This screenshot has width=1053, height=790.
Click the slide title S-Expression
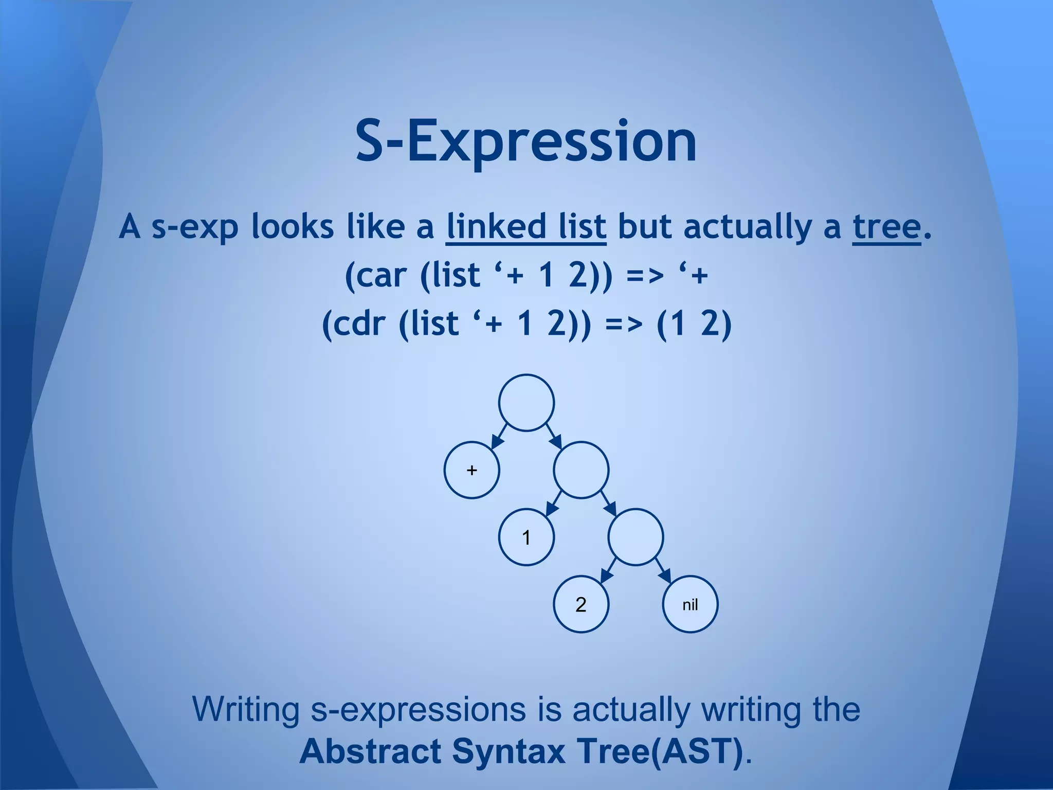coord(526,140)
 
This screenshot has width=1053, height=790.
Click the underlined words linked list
coord(526,226)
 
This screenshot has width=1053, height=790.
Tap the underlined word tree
coord(886,226)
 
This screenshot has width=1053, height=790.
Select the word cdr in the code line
coord(358,323)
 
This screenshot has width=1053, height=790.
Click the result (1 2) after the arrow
coord(694,323)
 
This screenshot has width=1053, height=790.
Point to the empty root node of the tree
coord(526,403)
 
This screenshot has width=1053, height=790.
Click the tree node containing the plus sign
coord(471,470)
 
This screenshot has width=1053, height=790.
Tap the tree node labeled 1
coord(526,537)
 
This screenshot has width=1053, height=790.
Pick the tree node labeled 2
coord(581,604)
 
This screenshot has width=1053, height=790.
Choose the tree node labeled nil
coord(690,604)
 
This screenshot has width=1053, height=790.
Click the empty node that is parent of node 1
coord(581,470)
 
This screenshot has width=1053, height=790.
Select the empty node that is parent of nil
coord(636,537)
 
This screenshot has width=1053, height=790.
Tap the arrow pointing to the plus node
coord(499,437)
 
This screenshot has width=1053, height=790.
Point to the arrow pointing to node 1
coord(553,504)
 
